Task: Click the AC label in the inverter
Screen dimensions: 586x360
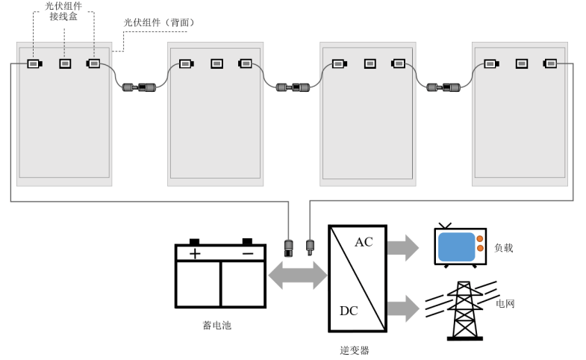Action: coord(364,242)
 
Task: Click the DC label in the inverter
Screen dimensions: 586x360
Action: coord(349,311)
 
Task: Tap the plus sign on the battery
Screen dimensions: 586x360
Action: coord(195,254)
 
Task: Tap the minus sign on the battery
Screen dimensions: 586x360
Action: coord(248,254)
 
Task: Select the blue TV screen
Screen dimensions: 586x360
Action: coord(456,246)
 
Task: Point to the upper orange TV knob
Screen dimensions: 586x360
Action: coord(480,238)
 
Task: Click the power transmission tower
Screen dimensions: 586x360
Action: coord(464,311)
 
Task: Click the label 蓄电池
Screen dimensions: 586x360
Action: coord(217,325)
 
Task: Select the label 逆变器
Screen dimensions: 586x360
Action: coord(355,350)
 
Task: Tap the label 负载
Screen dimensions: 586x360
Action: coord(503,247)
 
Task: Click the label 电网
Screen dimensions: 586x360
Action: coord(505,303)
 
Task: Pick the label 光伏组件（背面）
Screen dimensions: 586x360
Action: coord(159,22)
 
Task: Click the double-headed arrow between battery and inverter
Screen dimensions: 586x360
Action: coord(298,276)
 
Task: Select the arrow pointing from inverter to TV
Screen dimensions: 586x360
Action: coord(403,248)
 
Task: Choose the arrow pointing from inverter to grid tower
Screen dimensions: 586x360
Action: coord(403,308)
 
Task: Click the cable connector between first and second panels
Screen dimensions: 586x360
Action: coord(139,87)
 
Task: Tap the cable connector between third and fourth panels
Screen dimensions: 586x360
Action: coord(443,87)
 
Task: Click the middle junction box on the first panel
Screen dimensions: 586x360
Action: coord(65,63)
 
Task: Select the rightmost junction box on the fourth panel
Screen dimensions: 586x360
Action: coord(549,63)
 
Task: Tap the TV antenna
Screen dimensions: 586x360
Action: coord(445,226)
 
